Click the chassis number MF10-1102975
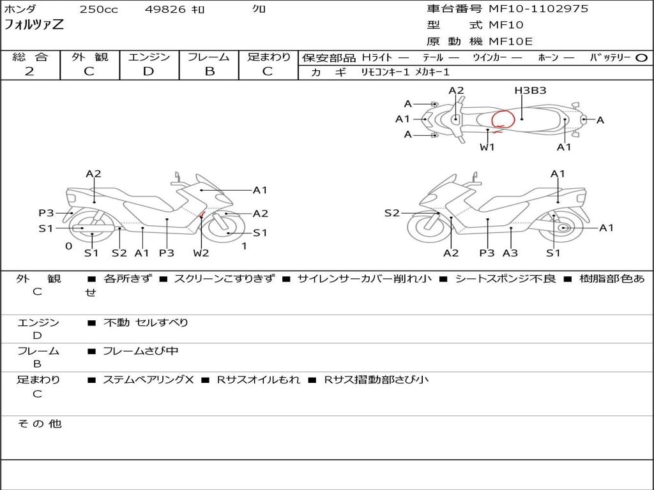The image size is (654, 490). [x=538, y=9]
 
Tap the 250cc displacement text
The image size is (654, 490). [x=98, y=10]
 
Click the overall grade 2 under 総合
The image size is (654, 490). [x=29, y=71]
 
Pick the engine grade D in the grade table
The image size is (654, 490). [x=148, y=71]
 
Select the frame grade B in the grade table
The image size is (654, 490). [x=209, y=71]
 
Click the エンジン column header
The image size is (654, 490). [x=149, y=57]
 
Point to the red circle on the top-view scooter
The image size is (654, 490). [x=503, y=119]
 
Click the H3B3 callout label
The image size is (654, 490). [x=530, y=91]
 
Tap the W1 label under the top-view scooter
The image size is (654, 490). [x=487, y=147]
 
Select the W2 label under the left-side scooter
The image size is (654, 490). [x=201, y=253]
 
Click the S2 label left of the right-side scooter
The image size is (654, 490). [x=392, y=213]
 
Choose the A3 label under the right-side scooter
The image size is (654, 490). [x=510, y=253]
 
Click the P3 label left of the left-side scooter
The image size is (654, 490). [x=46, y=213]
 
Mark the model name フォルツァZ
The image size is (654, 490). [x=34, y=26]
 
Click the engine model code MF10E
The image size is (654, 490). [x=511, y=41]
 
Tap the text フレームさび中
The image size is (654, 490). [x=141, y=351]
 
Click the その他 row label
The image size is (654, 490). [x=39, y=424]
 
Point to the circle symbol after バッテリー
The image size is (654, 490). [x=641, y=57]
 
